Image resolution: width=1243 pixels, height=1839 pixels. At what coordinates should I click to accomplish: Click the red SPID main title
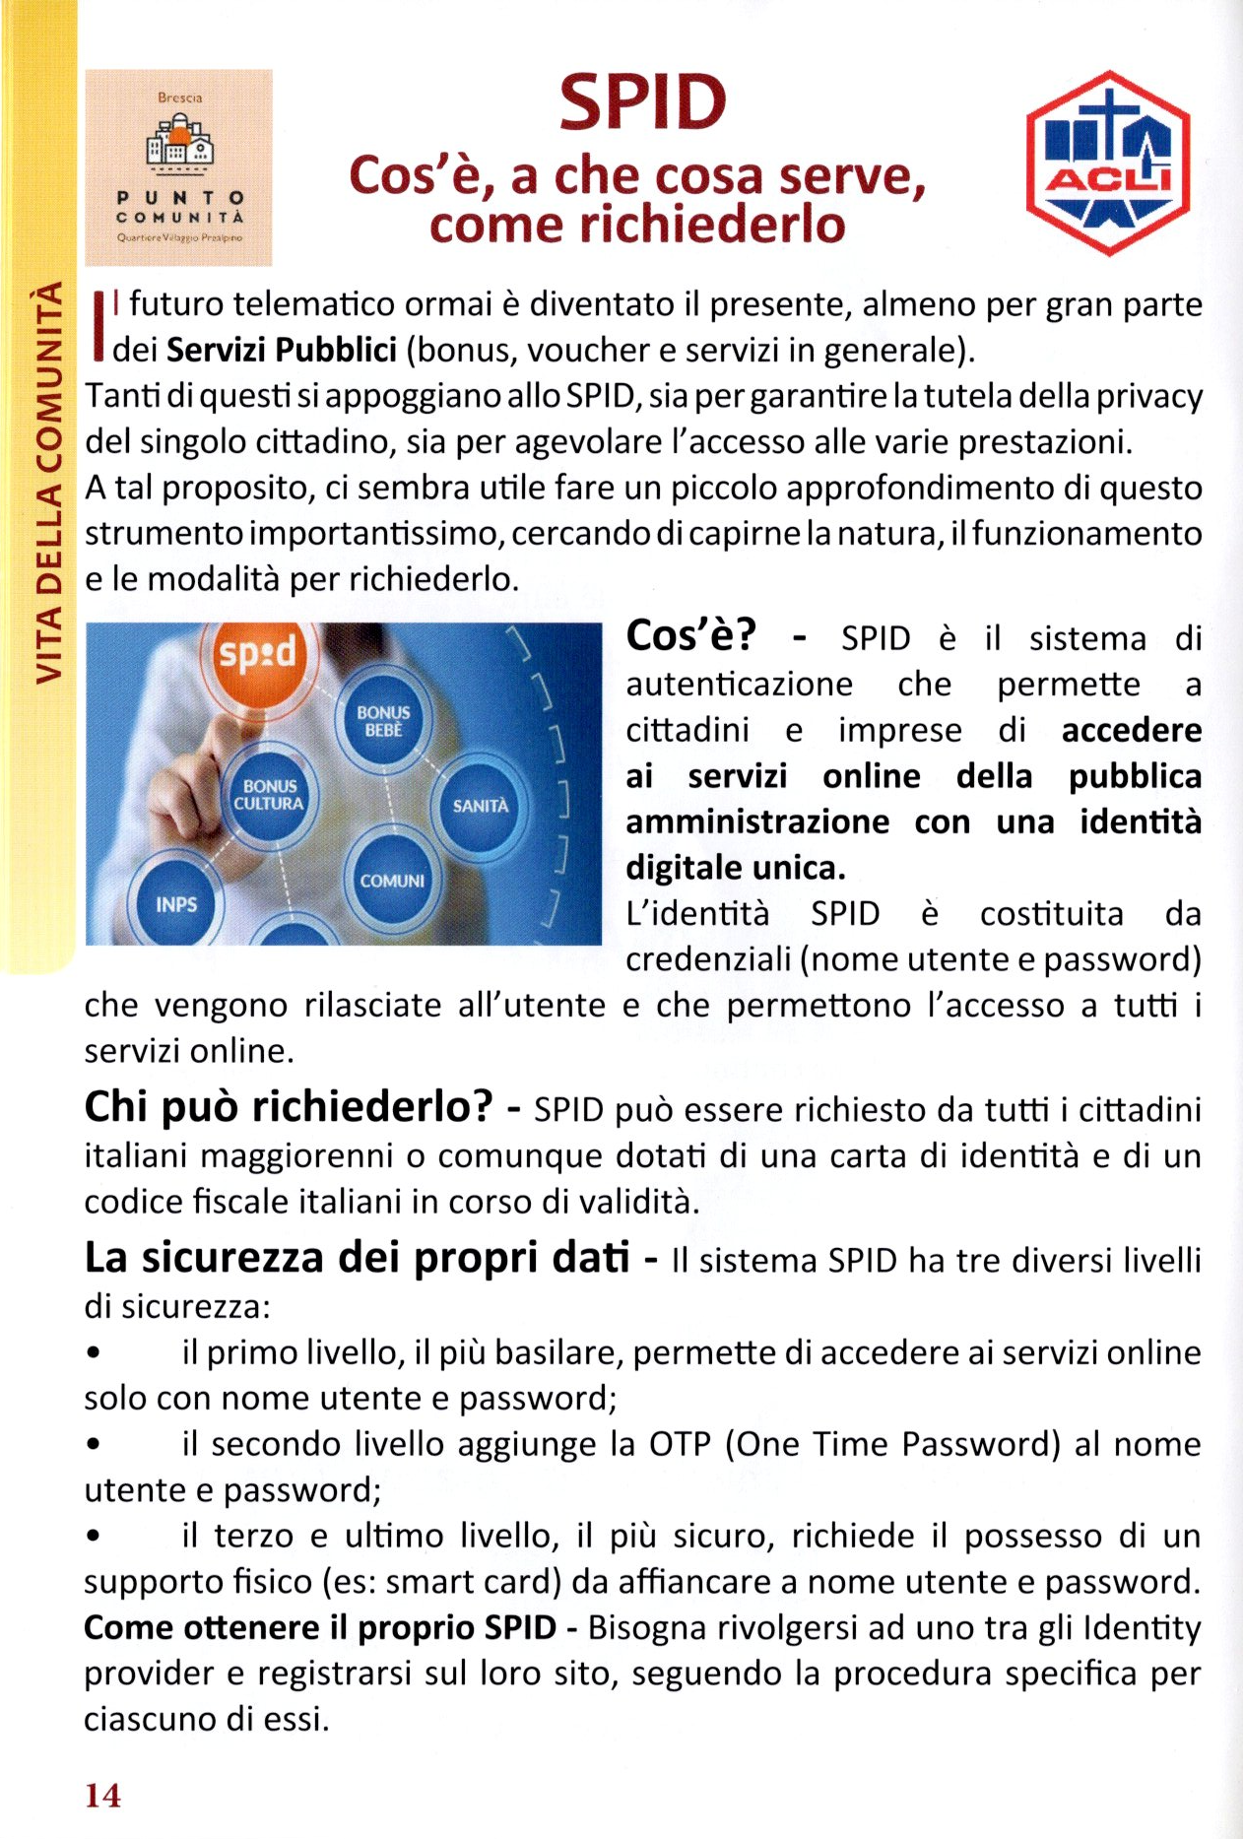click(642, 102)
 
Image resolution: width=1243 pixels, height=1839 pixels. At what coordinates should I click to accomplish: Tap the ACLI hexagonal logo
click(1108, 163)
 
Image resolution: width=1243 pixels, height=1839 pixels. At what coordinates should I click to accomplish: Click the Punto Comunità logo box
click(178, 166)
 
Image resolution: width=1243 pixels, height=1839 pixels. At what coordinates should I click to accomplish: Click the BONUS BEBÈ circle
click(383, 721)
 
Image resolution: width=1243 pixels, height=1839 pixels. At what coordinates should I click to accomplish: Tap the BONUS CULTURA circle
click(269, 795)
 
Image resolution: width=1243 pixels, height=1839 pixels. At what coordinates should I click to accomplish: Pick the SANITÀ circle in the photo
click(481, 806)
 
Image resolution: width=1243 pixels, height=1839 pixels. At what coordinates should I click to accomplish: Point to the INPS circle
click(176, 904)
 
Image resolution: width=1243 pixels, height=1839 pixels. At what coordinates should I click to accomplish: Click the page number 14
click(102, 1796)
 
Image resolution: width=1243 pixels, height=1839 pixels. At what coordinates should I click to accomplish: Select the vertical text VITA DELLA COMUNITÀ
click(48, 483)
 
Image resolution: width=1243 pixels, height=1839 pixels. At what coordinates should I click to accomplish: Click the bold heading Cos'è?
click(691, 636)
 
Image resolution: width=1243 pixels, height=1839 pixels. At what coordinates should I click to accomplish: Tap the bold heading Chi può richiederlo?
click(288, 1107)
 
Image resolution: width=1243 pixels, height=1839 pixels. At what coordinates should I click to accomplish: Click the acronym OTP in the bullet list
click(680, 1444)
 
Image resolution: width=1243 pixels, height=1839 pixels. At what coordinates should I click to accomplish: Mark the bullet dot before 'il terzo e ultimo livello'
click(94, 1536)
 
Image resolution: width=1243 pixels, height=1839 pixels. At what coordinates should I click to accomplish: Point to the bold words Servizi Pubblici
click(282, 350)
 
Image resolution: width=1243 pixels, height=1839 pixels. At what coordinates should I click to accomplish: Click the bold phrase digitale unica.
click(736, 868)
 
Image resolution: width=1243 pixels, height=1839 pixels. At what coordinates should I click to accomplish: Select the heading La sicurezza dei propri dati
click(357, 1258)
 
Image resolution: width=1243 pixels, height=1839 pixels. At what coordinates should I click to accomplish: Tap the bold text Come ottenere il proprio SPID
click(320, 1627)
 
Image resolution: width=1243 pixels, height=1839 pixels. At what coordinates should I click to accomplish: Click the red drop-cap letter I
click(98, 325)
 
